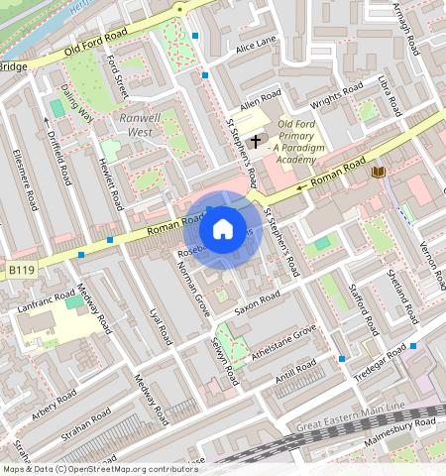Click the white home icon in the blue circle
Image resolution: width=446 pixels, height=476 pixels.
[x=223, y=229]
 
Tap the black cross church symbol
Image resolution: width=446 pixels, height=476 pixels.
[x=256, y=142]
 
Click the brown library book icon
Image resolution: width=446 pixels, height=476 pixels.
[x=378, y=173]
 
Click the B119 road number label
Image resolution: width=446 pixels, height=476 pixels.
[x=21, y=269]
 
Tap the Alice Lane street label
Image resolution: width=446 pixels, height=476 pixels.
[x=257, y=45]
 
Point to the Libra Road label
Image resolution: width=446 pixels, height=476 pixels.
[x=389, y=91]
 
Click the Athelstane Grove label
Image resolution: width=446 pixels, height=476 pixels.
[x=285, y=343]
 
